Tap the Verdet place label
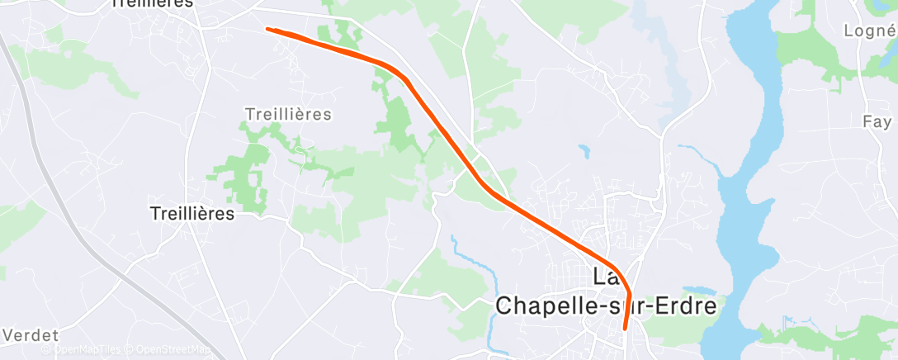(x=31, y=335)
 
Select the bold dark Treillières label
(x=192, y=213)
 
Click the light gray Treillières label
(x=288, y=113)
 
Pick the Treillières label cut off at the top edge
(x=152, y=3)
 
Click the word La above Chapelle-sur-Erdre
(x=603, y=275)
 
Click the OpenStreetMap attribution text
(x=174, y=350)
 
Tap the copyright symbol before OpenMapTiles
(x=47, y=350)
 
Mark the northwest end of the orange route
(x=267, y=29)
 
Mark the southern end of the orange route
(x=625, y=327)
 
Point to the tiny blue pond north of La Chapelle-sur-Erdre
(x=584, y=151)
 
